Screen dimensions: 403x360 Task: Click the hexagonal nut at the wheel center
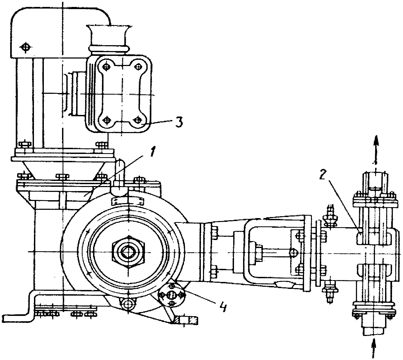(128, 252)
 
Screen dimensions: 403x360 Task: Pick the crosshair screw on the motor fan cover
(25, 47)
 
